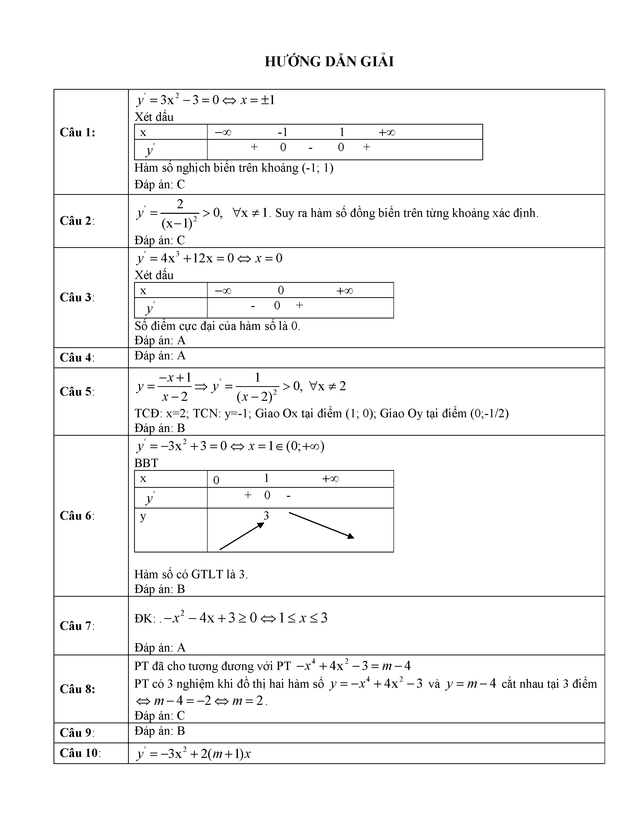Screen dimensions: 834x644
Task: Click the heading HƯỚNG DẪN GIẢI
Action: pyautogui.click(x=329, y=61)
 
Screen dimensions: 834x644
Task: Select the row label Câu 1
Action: pyautogui.click(x=78, y=132)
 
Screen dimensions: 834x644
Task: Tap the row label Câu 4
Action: pyautogui.click(x=77, y=357)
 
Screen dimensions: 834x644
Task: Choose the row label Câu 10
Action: pyautogui.click(x=80, y=753)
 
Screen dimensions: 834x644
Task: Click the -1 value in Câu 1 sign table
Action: pyautogui.click(x=282, y=132)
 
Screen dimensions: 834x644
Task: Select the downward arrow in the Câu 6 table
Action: pyautogui.click(x=321, y=525)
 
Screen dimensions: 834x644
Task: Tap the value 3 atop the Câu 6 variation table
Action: pyautogui.click(x=266, y=516)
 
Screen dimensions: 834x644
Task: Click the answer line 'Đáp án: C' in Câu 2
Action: pyautogui.click(x=159, y=240)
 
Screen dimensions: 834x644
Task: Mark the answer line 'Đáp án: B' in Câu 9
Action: pyautogui.click(x=159, y=731)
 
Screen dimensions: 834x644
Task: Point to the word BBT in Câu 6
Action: pyautogui.click(x=146, y=463)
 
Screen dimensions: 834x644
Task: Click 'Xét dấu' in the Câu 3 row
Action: pyautogui.click(x=154, y=275)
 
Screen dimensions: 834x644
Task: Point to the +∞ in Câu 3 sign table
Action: pyautogui.click(x=344, y=291)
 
